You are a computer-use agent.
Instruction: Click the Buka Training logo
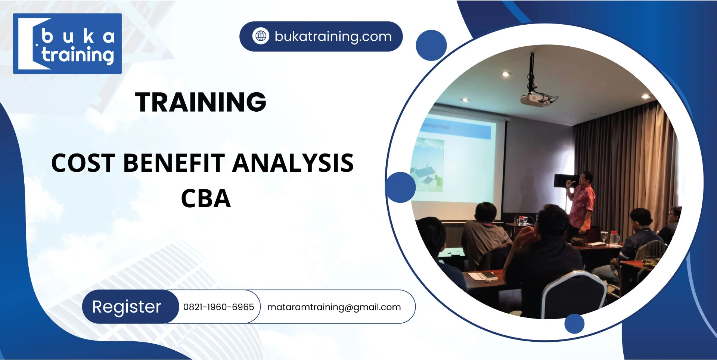tap(67, 44)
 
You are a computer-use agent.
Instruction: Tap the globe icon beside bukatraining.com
tap(261, 36)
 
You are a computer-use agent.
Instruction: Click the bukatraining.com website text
tap(333, 37)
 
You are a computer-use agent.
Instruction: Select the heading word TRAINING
tap(201, 102)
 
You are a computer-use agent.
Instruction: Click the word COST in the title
tap(83, 163)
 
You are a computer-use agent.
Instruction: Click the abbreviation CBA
tap(206, 199)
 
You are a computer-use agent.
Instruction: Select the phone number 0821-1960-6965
tap(218, 307)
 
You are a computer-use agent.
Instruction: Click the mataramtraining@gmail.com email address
tap(334, 307)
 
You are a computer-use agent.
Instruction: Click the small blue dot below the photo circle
tap(574, 323)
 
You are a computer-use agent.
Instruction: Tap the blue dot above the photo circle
tap(431, 46)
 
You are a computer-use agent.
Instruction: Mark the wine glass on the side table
tap(604, 236)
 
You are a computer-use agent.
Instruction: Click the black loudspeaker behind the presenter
tap(562, 181)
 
